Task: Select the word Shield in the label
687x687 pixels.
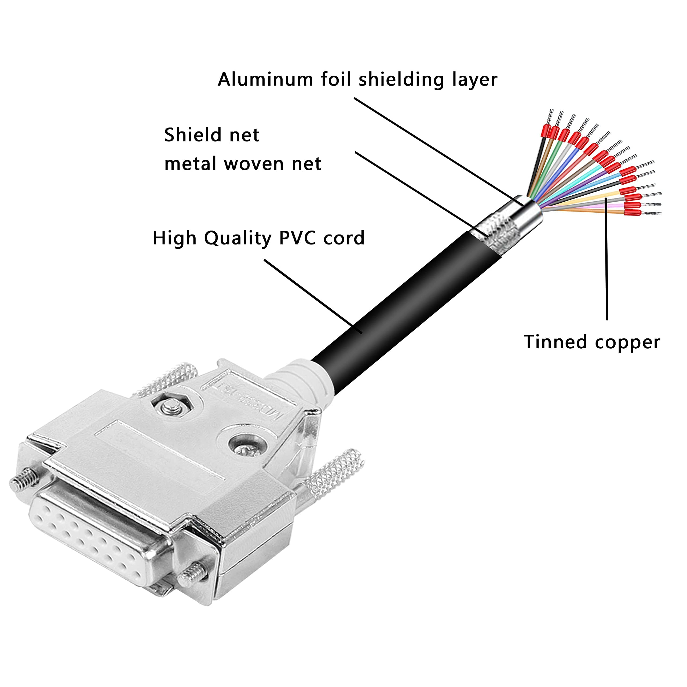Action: [x=191, y=135]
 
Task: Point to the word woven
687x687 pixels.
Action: [x=254, y=164]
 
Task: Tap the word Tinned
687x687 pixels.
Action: [x=555, y=342]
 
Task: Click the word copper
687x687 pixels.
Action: [x=627, y=343]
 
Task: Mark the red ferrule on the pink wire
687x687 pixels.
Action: [x=632, y=205]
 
